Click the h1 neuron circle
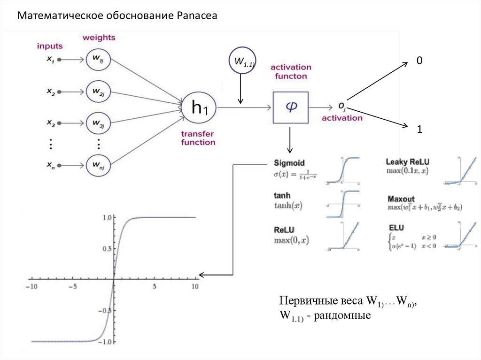(198, 108)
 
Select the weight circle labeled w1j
(99, 60)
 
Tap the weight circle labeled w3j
(99, 124)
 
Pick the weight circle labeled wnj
(99, 166)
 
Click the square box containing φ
(290, 107)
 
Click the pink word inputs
(50, 46)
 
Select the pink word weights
(99, 37)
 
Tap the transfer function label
(198, 138)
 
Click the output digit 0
(419, 61)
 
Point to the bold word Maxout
(401, 199)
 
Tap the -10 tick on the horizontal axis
(31, 286)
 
